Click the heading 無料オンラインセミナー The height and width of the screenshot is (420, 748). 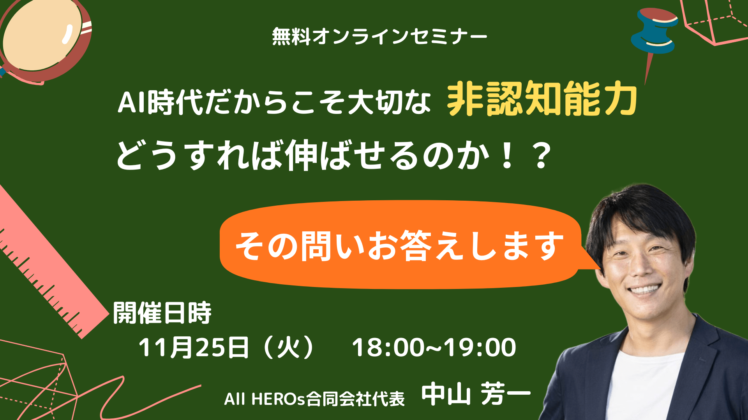coord(379,37)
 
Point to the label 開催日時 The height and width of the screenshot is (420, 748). coord(162,313)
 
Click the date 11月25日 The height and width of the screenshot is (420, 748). coord(194,347)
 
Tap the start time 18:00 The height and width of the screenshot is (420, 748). coord(388,347)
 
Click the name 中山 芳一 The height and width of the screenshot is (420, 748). coord(476,395)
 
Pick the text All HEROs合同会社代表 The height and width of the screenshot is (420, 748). coord(314,399)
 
